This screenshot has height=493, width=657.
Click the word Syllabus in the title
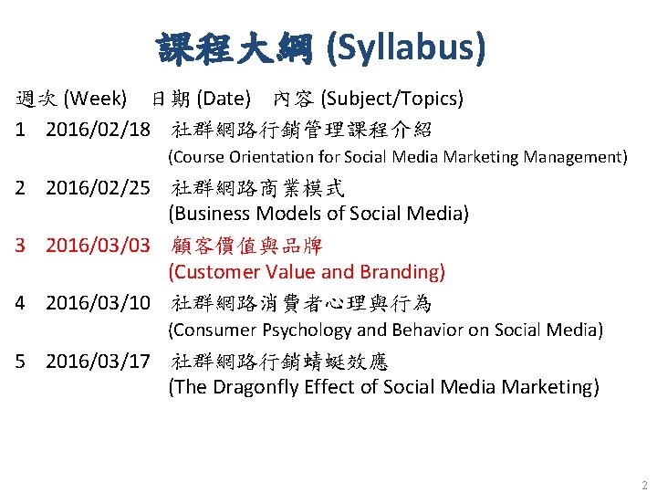coord(410,48)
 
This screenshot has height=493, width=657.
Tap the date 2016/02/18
coord(98,129)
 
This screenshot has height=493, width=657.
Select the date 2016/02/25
coord(98,188)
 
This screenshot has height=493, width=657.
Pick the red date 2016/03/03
coord(98,246)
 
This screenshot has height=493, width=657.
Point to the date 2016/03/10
coord(98,303)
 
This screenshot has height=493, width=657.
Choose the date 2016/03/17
coord(98,361)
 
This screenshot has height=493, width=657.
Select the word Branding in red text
coord(402,272)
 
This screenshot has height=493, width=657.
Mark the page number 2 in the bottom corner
coord(643,485)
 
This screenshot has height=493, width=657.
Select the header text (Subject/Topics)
coord(393,98)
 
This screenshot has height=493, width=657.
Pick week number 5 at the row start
coord(21,361)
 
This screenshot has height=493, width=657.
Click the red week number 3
coord(21,246)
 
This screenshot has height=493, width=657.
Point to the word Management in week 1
coord(579,157)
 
